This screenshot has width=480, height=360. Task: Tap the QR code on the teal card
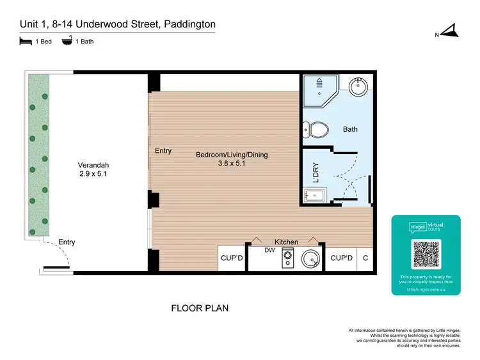426,254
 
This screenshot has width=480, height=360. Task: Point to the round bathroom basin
357,86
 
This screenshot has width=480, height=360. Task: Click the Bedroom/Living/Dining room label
232,155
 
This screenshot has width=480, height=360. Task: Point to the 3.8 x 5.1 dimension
232,164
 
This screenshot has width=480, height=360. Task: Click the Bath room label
350,129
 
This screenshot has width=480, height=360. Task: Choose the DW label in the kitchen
269,251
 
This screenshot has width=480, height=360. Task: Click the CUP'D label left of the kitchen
232,258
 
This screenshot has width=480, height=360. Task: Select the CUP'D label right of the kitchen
341,258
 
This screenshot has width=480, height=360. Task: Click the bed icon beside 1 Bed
25,42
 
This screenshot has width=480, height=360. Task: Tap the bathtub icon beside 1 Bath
66,42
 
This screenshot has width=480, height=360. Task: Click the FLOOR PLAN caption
200,308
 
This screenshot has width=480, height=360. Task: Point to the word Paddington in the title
190,24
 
